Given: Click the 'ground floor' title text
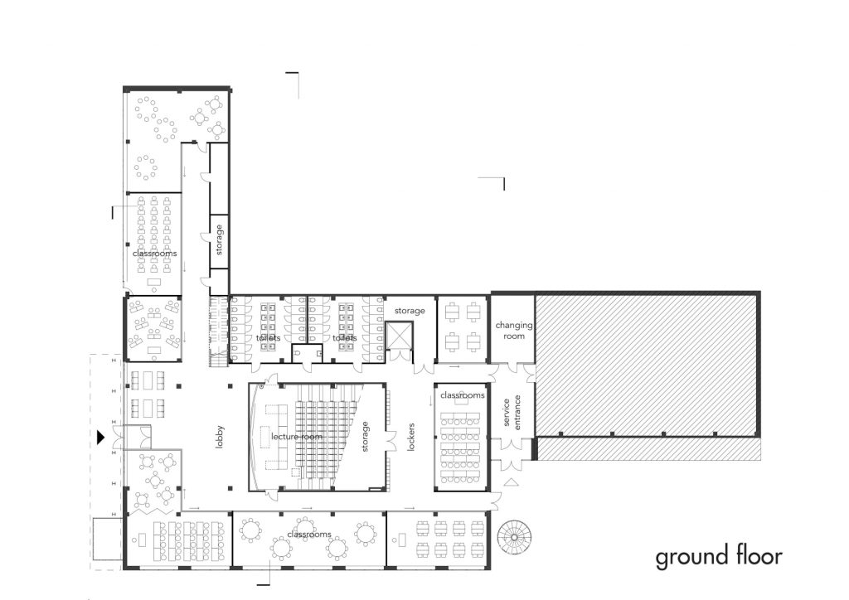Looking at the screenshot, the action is tap(719, 558).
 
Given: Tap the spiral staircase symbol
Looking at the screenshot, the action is tap(514, 536).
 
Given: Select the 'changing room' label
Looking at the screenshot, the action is tap(514, 330).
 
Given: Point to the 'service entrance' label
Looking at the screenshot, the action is tap(512, 412).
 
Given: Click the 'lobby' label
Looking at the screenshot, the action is tap(219, 437).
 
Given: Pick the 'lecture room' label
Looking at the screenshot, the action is tap(297, 436).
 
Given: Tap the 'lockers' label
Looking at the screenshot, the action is tap(410, 437).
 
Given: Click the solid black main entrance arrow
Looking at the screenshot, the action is tap(100, 437).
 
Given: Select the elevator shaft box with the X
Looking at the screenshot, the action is tap(399, 336).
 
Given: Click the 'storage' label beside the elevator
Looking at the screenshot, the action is tap(410, 311).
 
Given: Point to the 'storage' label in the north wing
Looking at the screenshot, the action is tap(219, 240).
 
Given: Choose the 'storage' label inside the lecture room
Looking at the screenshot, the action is tap(365, 437).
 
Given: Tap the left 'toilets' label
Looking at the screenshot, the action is tap(269, 337).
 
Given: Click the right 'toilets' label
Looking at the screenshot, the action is tap(345, 337).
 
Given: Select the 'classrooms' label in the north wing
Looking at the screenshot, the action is tap(155, 254).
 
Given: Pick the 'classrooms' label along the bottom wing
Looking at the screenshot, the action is tap(309, 534).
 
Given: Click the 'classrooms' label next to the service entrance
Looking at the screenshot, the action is tap(463, 395).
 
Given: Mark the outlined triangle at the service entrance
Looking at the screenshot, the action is tap(512, 482).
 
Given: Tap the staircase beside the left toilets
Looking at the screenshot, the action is tap(218, 331).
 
